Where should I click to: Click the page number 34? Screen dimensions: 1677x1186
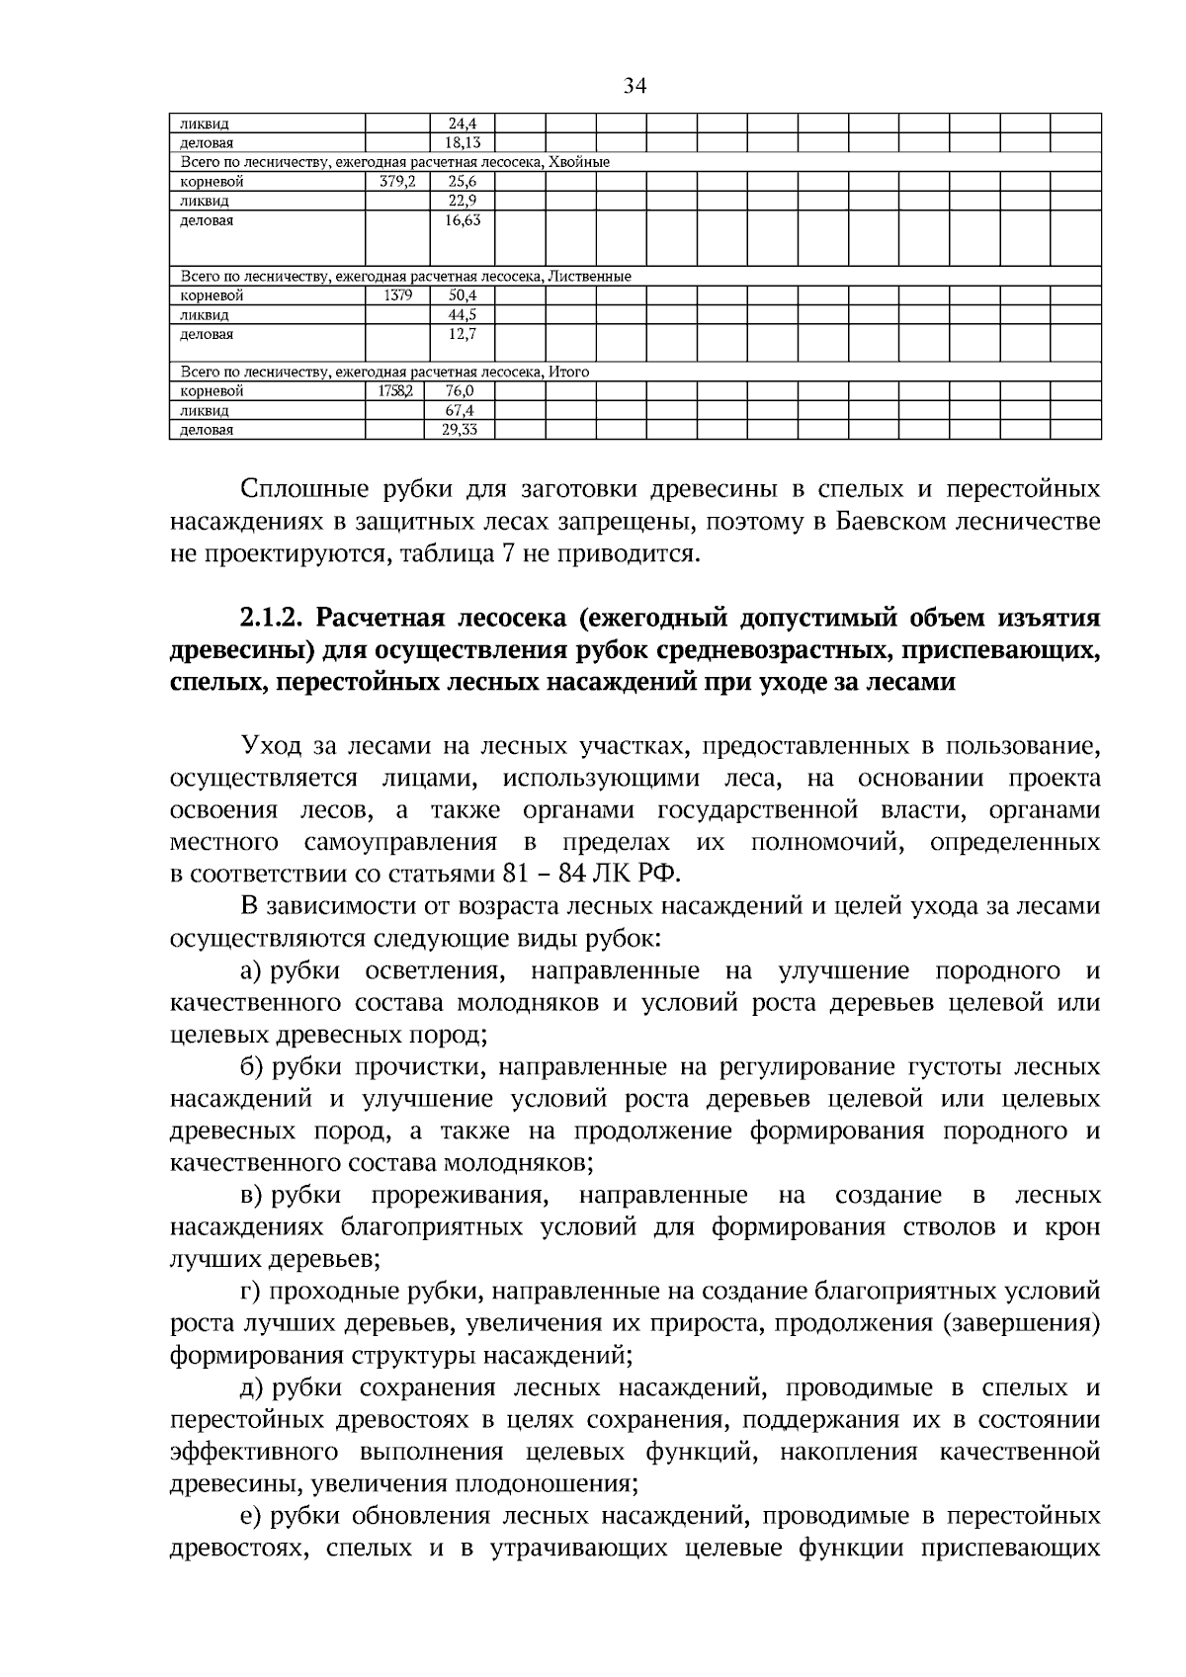(x=635, y=87)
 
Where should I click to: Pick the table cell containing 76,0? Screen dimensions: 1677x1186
(x=462, y=391)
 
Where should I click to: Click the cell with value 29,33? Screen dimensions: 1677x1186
(x=462, y=430)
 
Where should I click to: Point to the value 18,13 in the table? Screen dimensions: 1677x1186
(x=462, y=143)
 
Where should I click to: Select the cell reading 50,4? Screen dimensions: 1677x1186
(x=462, y=295)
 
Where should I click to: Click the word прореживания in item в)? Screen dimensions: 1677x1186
(x=460, y=1196)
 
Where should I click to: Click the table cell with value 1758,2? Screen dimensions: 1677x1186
(x=395, y=391)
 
